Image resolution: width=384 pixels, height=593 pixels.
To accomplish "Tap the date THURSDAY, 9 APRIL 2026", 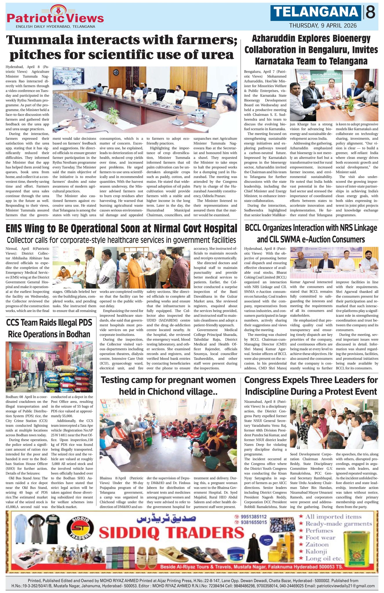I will (323, 25).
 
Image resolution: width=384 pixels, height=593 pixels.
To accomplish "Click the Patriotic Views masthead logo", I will (55, 17).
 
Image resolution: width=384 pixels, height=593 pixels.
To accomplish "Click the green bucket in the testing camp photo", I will (149, 441).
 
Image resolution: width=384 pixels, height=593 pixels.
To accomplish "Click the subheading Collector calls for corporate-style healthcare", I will (121, 240).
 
